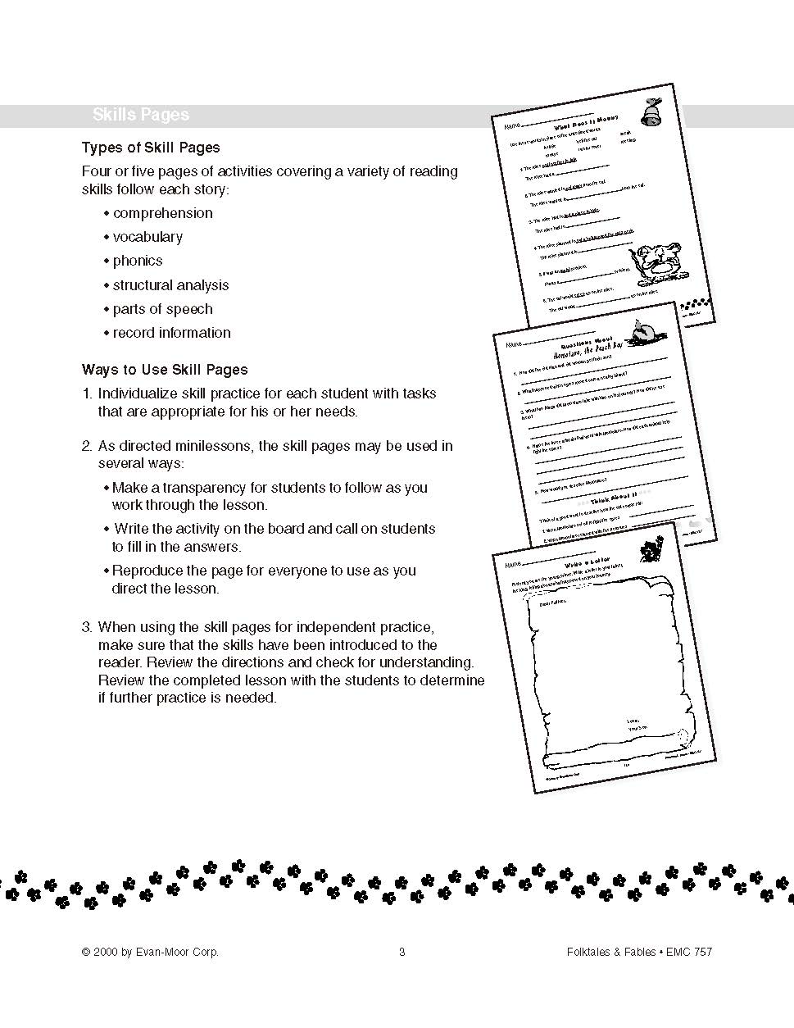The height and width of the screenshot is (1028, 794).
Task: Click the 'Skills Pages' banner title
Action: tap(140, 115)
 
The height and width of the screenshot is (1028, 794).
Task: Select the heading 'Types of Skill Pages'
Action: tap(151, 148)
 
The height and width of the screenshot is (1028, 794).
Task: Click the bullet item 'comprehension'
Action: tap(162, 213)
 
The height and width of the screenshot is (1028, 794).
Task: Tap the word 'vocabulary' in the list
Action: tap(147, 237)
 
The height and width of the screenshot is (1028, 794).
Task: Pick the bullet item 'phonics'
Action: tap(138, 261)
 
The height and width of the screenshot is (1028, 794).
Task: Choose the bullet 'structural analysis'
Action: tap(170, 285)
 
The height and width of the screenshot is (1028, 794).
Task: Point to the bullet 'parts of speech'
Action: tap(162, 309)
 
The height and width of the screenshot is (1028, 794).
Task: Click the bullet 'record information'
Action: tap(171, 333)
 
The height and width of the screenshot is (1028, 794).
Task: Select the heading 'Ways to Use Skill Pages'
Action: tap(165, 370)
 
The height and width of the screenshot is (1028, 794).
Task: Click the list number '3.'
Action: tap(87, 627)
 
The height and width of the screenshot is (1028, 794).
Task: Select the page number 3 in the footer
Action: tap(402, 952)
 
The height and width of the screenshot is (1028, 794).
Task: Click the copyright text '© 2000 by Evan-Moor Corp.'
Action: tap(150, 952)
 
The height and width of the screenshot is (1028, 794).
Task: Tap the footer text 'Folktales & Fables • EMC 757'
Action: tap(639, 952)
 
